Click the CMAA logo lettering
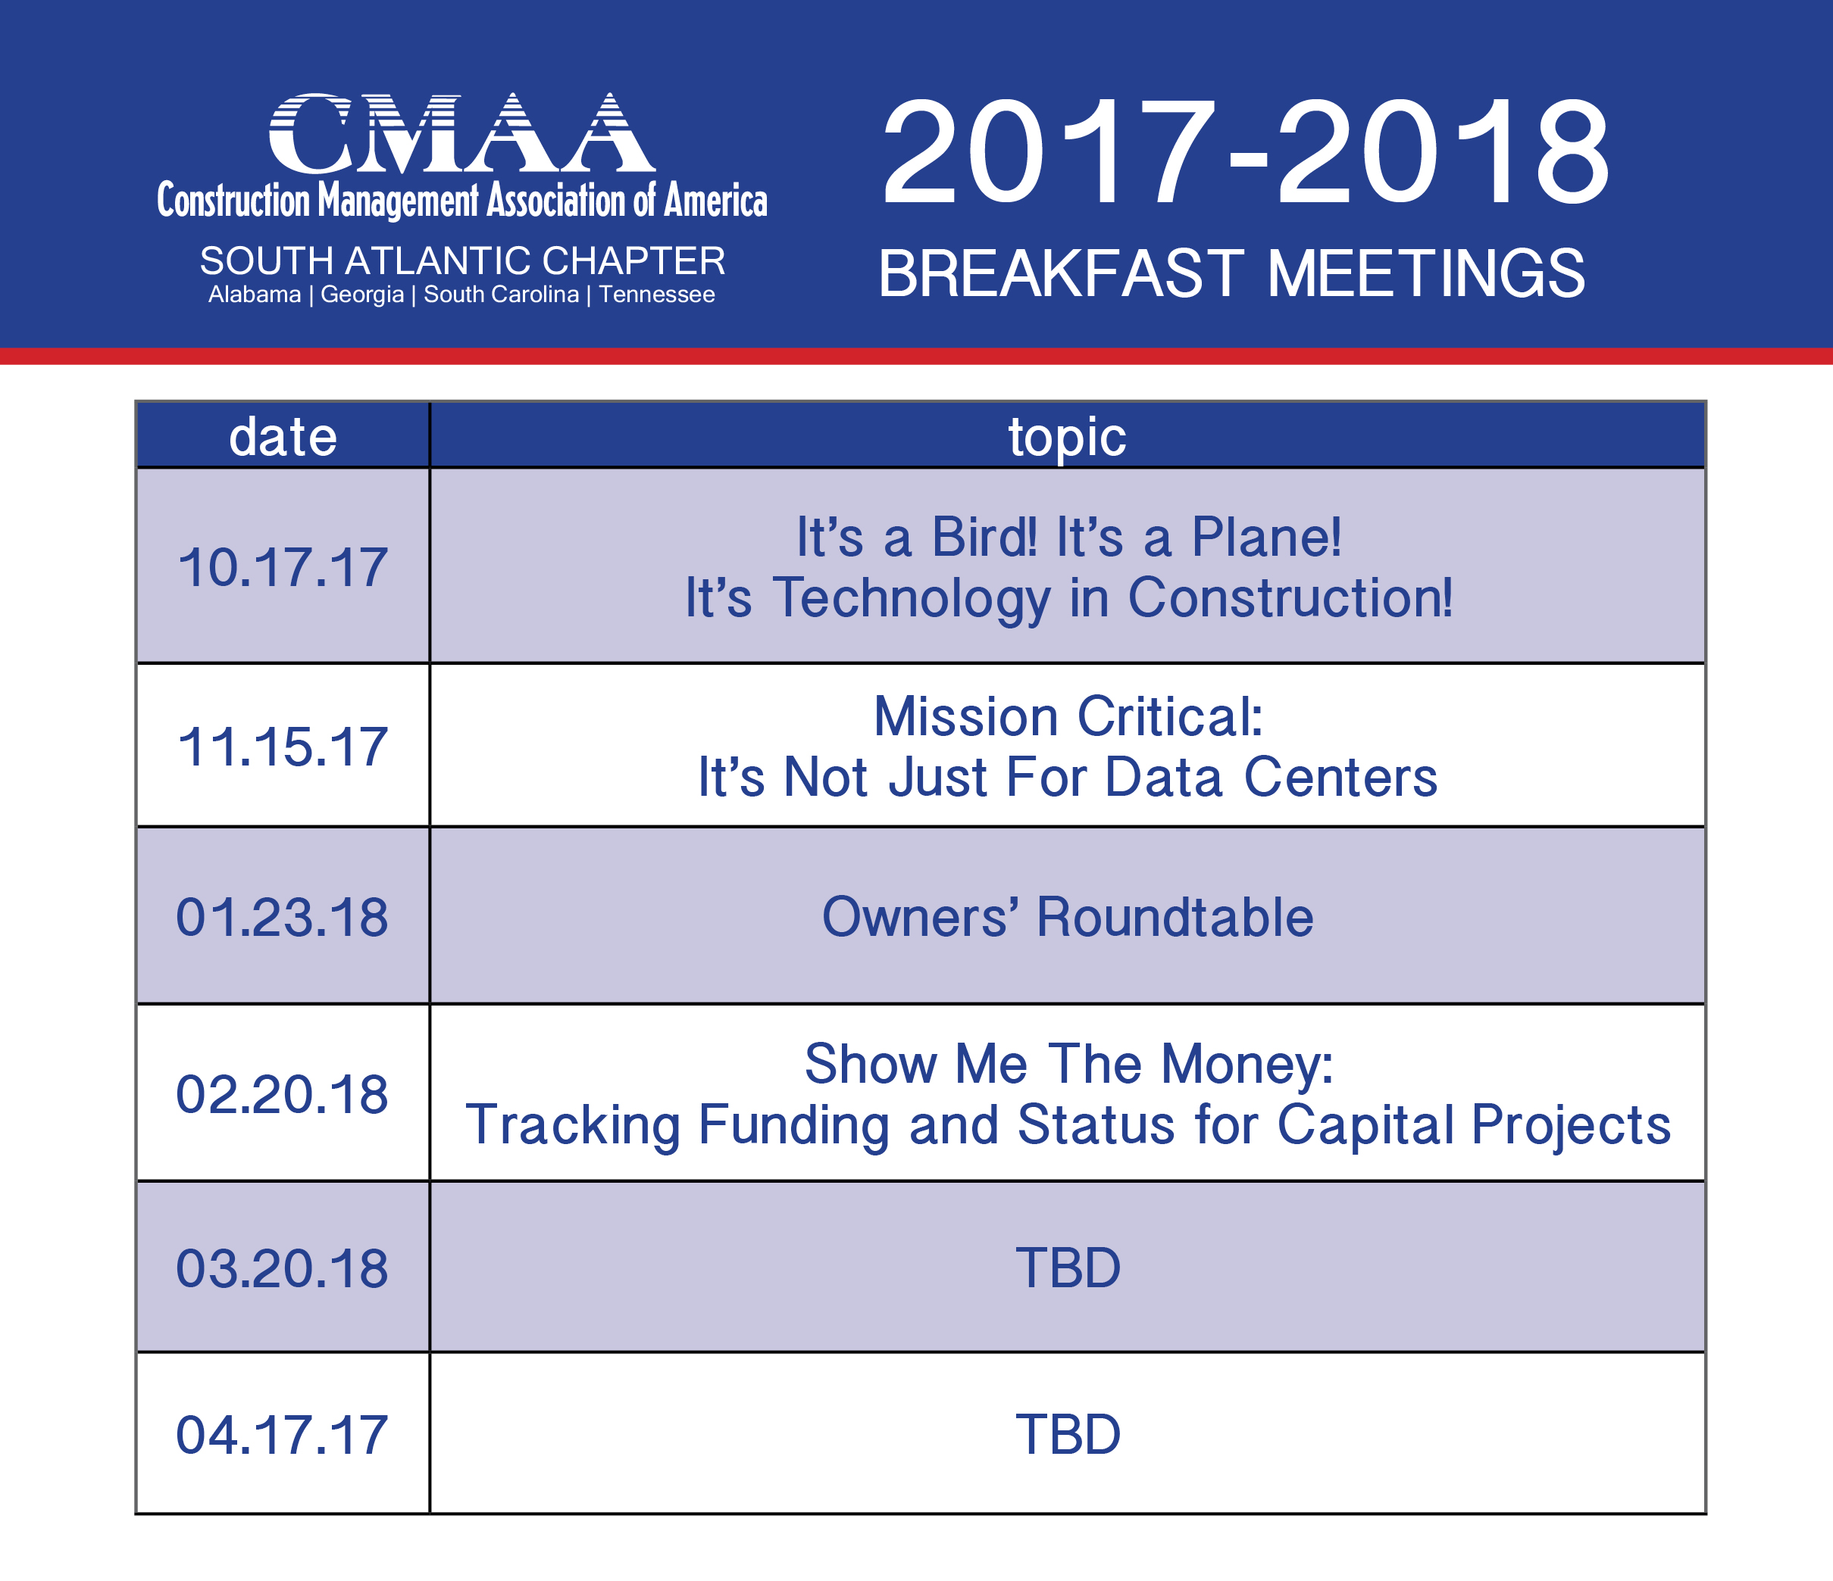[461, 133]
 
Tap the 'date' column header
[283, 437]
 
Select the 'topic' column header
[1067, 438]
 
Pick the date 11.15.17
[283, 747]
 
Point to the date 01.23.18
[282, 917]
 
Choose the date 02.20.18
[282, 1095]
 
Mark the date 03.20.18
[282, 1269]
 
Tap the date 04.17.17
[282, 1434]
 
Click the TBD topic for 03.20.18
[1068, 1269]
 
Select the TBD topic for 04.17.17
[1068, 1434]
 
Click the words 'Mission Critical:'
[1068, 716]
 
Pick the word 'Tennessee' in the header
[656, 295]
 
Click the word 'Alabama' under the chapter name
[255, 295]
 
